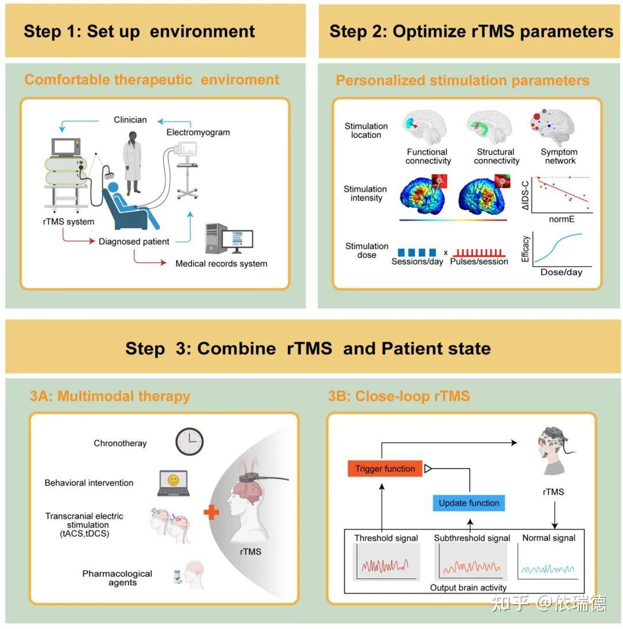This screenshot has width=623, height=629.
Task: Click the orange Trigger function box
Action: [385, 468]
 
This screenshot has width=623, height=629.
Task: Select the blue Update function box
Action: [468, 503]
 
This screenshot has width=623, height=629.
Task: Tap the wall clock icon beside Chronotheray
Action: [189, 442]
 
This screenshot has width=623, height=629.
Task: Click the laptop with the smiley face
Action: [174, 483]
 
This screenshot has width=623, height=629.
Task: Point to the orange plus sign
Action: [211, 512]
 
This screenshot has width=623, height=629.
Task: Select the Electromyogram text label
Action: [198, 132]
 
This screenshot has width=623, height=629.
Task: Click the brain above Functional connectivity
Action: [425, 128]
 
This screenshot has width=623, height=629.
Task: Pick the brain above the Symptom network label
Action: [553, 127]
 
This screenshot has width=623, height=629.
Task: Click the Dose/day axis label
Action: [561, 272]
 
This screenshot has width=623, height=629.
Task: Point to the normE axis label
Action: [562, 219]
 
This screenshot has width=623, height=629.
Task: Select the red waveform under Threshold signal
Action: [385, 566]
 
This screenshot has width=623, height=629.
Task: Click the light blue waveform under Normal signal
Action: [547, 569]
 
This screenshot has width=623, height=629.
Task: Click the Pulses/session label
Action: [479, 262]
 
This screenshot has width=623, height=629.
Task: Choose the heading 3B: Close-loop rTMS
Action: [399, 396]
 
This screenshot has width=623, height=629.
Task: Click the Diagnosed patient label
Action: [134, 242]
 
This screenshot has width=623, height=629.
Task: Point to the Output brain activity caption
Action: [468, 587]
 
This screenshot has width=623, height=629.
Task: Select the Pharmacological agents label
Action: [117, 578]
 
